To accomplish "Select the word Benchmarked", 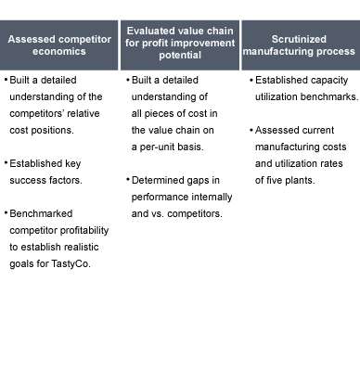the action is [41, 213].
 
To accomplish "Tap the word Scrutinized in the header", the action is [299, 39].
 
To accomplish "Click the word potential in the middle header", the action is [180, 56].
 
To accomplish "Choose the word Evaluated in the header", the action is [148, 31].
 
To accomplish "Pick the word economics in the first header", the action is [59, 51].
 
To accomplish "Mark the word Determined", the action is [154, 180].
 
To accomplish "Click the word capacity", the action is [329, 81].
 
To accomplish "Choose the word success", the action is [26, 181].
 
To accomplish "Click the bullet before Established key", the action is [6, 163].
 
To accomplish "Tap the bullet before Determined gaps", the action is [128, 180].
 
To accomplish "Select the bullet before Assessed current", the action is [251, 130].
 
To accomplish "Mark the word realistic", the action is [81, 247].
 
